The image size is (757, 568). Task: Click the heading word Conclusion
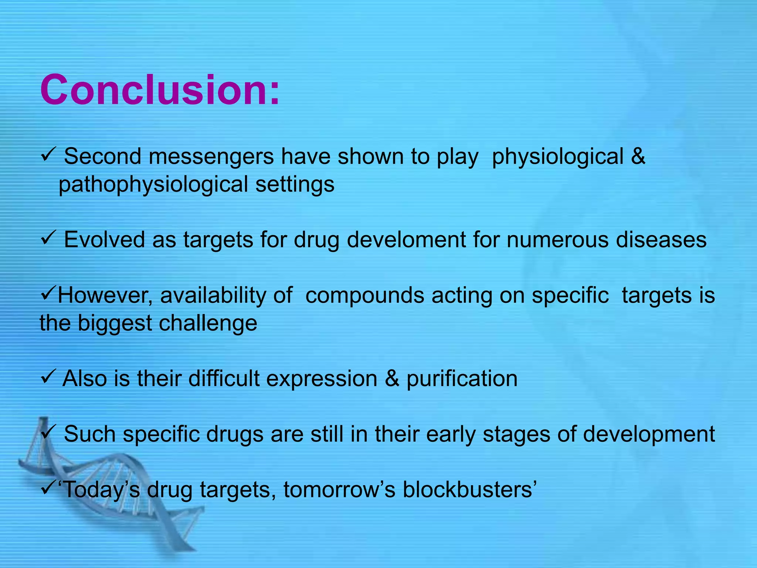tap(159, 90)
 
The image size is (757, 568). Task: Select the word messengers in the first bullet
tap(211, 156)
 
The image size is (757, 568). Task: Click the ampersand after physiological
tap(638, 156)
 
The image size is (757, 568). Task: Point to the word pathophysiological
tap(153, 185)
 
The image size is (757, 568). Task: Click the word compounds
tap(364, 295)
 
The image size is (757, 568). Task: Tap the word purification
tap(462, 379)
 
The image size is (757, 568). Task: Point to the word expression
tap(322, 379)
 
